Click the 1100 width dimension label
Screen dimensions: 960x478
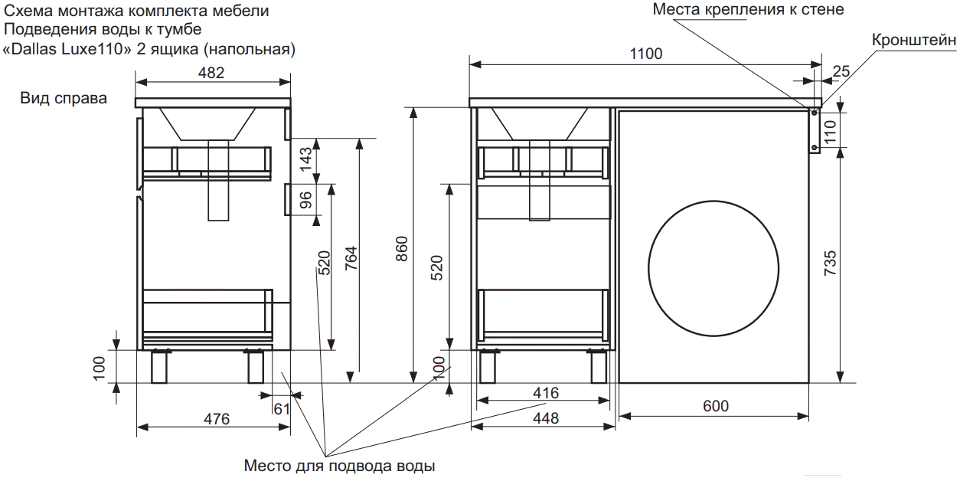(646, 54)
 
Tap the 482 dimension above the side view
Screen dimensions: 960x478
(211, 73)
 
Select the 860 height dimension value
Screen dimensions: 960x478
(402, 249)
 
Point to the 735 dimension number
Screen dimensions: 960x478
(830, 263)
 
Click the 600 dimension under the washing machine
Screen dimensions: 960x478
(716, 406)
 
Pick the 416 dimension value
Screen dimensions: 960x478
(546, 393)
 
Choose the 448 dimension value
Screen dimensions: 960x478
(546, 418)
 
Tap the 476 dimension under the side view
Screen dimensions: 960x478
(217, 419)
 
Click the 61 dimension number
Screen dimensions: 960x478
(282, 409)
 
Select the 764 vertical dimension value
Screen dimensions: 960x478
(351, 258)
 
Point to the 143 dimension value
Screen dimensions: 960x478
(305, 159)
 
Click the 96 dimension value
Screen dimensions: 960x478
(305, 200)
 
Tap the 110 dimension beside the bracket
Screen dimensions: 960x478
(830, 132)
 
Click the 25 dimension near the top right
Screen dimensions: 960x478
(841, 71)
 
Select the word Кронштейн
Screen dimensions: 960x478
(914, 41)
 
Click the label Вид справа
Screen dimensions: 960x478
(64, 99)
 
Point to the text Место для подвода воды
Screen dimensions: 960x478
(339, 466)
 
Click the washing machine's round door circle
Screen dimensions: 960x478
(648, 269)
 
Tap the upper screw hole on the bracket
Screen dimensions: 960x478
(815, 113)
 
